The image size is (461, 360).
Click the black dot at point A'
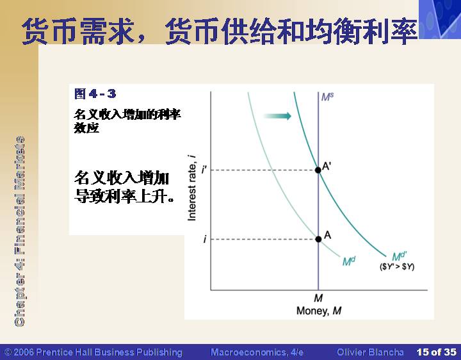[x=318, y=170]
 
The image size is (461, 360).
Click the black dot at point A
[x=318, y=239]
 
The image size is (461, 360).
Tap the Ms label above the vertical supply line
[x=327, y=97]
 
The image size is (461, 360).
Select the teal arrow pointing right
[x=277, y=116]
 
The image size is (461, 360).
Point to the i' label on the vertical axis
[x=204, y=170]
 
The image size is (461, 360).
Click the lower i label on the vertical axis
[x=205, y=240]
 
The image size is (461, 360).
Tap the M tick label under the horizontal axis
[x=318, y=299]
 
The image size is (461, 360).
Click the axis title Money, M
[x=319, y=311]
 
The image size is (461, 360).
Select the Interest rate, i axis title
[x=191, y=188]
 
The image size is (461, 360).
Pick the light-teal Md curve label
[x=349, y=261]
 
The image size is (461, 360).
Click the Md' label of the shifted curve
[x=400, y=256]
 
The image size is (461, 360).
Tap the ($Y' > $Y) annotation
[x=397, y=266]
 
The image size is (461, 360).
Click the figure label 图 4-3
[x=95, y=94]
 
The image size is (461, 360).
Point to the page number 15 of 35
[x=436, y=352]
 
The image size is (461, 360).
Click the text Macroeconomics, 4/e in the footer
[x=257, y=352]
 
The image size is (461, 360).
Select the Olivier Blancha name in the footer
[x=370, y=352]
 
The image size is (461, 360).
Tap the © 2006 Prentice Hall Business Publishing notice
[x=93, y=352]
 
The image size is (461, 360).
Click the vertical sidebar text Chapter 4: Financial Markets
[x=20, y=231]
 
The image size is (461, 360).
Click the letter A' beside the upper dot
[x=327, y=166]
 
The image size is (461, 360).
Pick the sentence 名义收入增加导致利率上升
[x=124, y=186]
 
